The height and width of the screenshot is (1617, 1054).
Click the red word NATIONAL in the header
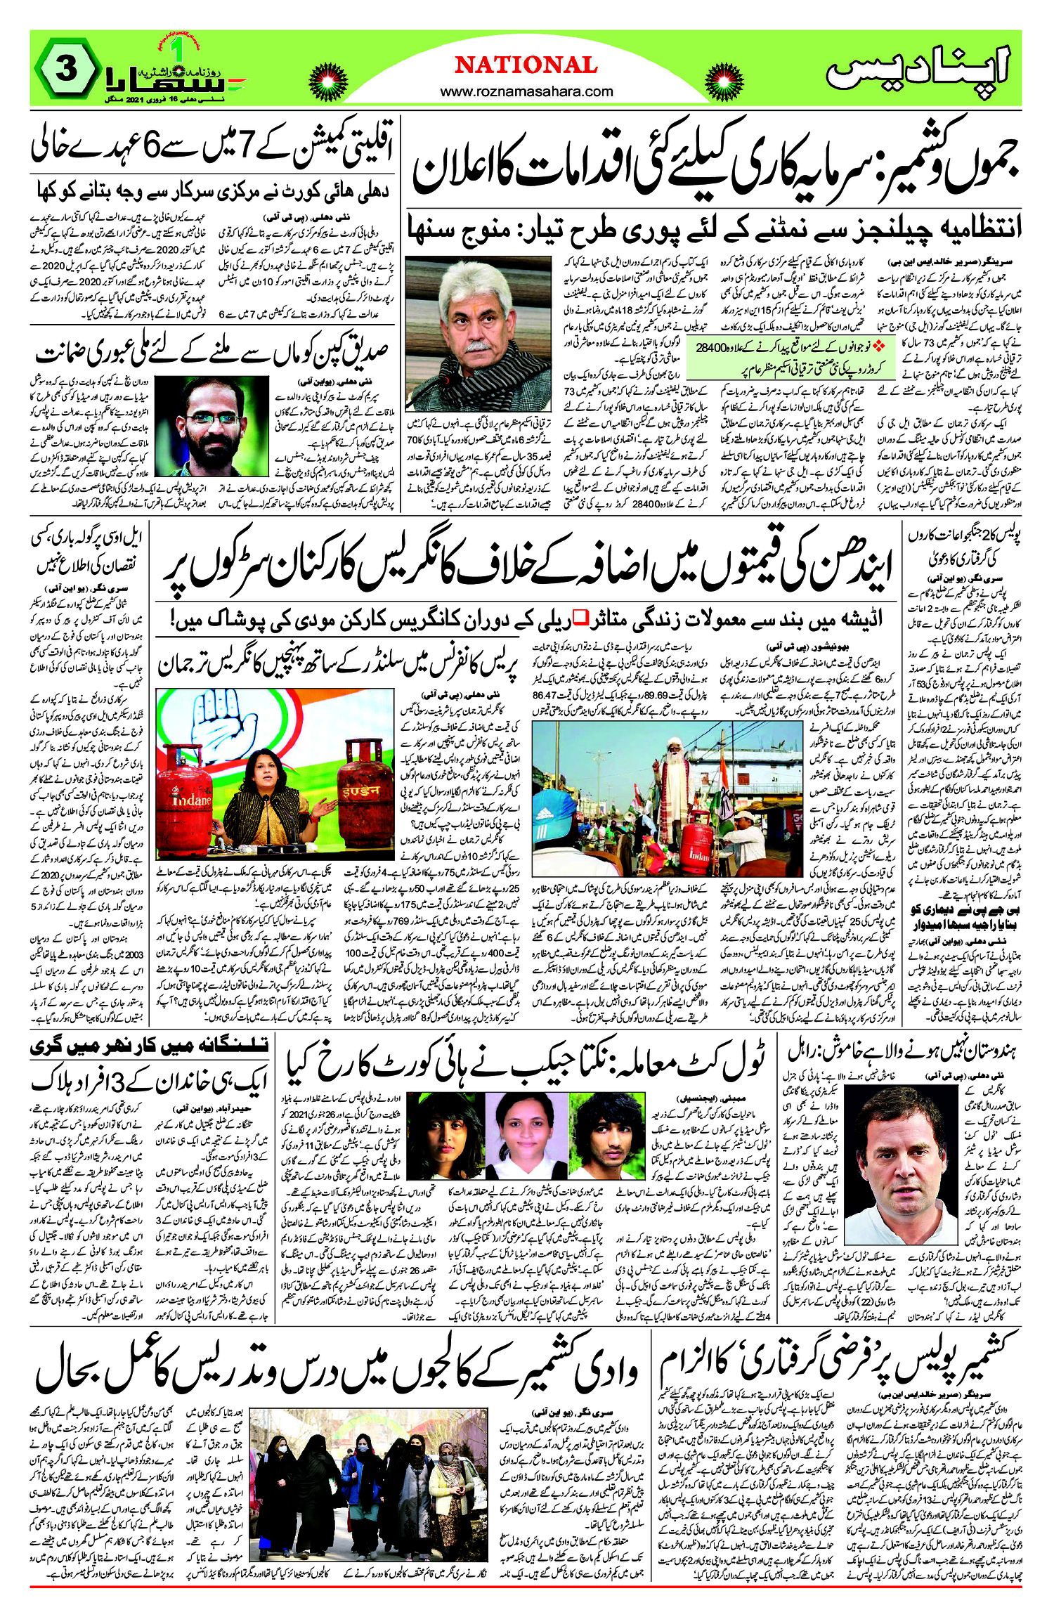point(526,65)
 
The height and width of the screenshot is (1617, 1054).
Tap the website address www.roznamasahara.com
point(526,91)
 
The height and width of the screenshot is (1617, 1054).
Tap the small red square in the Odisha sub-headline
point(581,618)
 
